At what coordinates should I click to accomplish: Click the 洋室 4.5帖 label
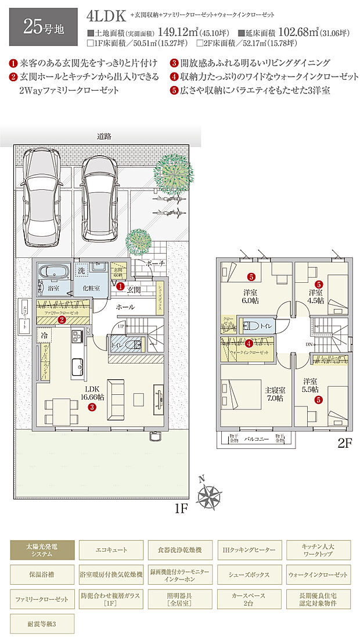coord(316,296)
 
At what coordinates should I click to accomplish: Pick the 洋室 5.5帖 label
coord(311,386)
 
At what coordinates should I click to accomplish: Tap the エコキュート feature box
coord(111,549)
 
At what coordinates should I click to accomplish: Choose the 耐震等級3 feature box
coord(42,624)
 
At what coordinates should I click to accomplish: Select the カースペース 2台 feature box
coord(248,599)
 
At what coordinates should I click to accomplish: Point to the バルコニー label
coord(256,440)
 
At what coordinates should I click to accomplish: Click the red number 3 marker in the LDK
coord(92,408)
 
